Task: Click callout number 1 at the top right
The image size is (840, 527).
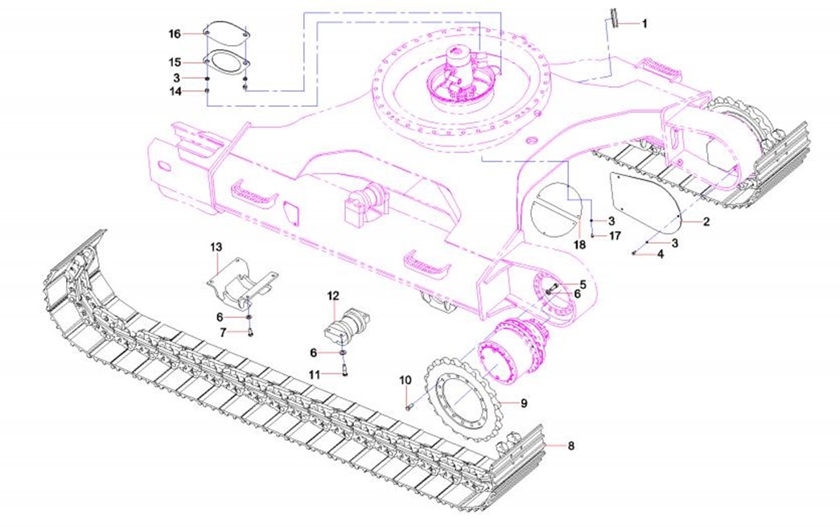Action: (644, 24)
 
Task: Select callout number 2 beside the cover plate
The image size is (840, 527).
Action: (706, 221)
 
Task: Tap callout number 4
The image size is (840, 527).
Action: (661, 254)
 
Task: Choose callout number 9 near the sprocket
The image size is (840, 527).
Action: (523, 401)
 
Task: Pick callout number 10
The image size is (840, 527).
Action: (406, 379)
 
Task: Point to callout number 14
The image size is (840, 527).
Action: (175, 92)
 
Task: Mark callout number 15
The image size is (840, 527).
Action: (175, 62)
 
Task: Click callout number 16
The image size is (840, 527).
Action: (175, 34)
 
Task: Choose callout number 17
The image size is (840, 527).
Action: (615, 236)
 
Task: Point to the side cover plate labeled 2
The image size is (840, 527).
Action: (644, 196)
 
